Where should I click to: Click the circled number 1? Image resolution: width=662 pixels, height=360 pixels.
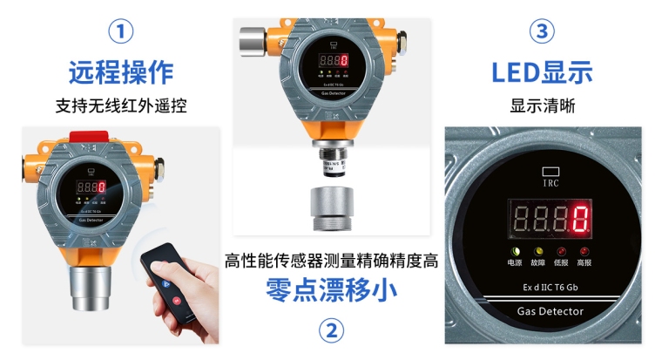click(x=121, y=32)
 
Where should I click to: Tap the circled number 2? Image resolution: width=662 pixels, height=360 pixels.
click(x=331, y=330)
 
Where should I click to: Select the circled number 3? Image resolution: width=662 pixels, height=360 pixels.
click(x=542, y=32)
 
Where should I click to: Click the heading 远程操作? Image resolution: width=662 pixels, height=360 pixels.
click(x=121, y=71)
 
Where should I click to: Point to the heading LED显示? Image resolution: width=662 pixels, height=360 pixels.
click(x=542, y=71)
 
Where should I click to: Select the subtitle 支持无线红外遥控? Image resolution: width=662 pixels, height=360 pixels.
click(x=121, y=106)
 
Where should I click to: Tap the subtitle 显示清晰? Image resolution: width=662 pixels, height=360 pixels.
click(x=542, y=106)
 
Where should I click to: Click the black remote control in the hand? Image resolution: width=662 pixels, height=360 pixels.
click(x=167, y=274)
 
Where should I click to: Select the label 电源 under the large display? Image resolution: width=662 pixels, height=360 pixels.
click(x=517, y=262)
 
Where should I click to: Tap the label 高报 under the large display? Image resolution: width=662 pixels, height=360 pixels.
click(x=584, y=262)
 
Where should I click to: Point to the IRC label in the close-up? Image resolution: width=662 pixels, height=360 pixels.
click(x=551, y=182)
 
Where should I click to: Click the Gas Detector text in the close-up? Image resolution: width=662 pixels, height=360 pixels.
click(x=551, y=311)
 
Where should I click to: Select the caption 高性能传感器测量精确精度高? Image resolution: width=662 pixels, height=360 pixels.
click(x=331, y=260)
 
